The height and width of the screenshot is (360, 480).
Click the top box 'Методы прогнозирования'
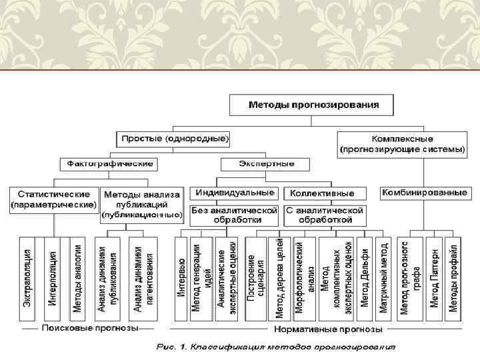314,105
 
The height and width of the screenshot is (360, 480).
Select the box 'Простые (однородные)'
175,139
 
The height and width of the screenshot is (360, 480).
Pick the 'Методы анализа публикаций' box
141,204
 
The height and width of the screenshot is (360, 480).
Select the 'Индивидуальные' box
235,193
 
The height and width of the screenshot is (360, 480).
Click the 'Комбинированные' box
423,193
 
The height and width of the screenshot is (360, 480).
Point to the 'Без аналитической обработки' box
234,215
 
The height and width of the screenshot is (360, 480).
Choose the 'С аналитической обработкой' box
325,215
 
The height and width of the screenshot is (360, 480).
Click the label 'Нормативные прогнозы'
328,329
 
